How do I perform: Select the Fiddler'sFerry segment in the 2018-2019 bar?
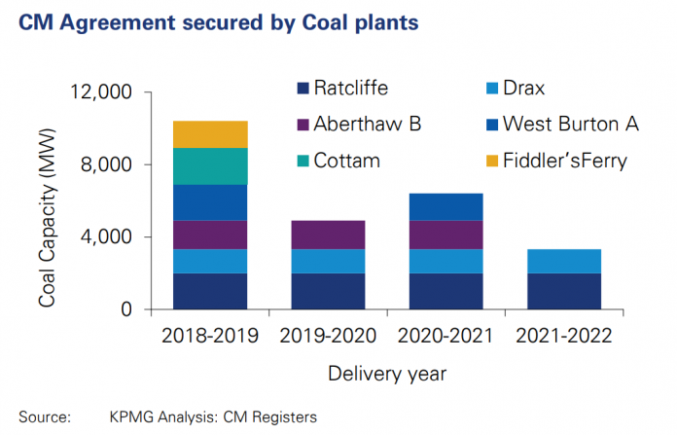(210, 134)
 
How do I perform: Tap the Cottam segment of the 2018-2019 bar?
(210, 166)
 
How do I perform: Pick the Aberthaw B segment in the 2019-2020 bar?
(328, 235)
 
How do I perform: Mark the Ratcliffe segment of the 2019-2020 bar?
(328, 291)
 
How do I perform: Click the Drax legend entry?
(535, 90)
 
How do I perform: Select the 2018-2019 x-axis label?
(210, 337)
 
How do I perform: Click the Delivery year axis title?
(387, 372)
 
